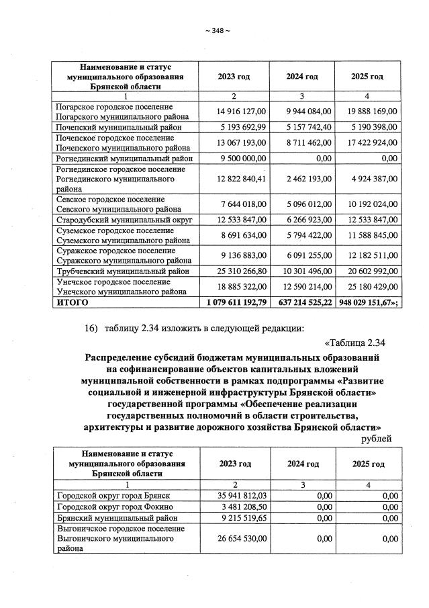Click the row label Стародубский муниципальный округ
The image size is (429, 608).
click(x=124, y=220)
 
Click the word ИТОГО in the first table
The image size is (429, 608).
click(x=72, y=302)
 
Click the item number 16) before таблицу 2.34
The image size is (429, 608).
click(x=91, y=328)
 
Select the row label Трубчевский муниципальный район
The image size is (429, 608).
click(x=122, y=271)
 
